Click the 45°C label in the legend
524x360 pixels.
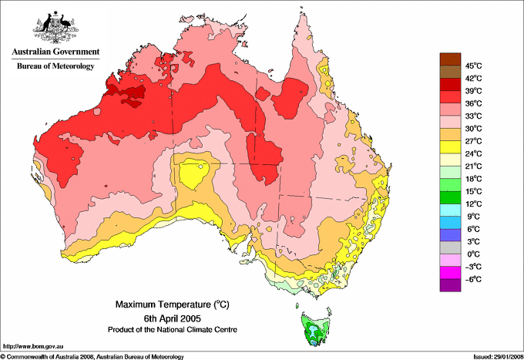pyautogui.click(x=473, y=66)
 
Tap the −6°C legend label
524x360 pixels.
pyautogui.click(x=473, y=279)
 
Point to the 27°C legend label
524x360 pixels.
pyautogui.click(x=473, y=141)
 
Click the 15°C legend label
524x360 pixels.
pyautogui.click(x=473, y=191)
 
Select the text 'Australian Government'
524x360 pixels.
pyautogui.click(x=53, y=52)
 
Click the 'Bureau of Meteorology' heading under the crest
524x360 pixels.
pyautogui.click(x=55, y=66)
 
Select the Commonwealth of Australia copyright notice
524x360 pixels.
pyautogui.click(x=92, y=355)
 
